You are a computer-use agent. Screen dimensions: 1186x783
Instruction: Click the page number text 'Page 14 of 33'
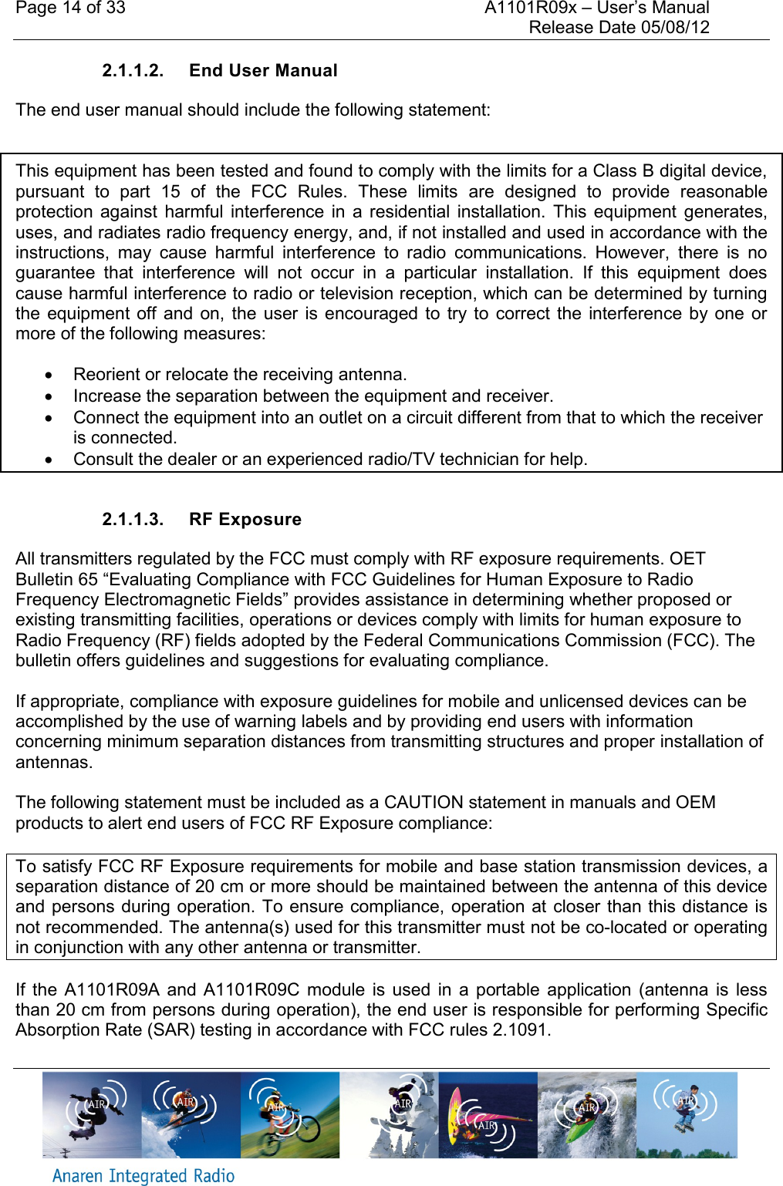(x=70, y=8)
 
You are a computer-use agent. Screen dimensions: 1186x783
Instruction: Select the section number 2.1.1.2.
(x=133, y=71)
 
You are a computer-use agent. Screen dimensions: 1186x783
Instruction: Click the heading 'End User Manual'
(x=263, y=71)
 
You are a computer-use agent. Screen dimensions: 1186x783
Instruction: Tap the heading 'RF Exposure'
(x=245, y=520)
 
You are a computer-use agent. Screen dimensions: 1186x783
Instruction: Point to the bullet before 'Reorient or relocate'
(x=49, y=376)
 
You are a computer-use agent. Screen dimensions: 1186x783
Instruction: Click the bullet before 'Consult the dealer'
(x=49, y=460)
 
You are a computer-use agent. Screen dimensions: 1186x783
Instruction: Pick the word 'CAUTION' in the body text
(x=424, y=803)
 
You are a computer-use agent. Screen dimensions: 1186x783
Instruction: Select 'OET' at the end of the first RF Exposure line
(x=687, y=559)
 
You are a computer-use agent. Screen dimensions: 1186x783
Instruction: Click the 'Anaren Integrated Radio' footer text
(x=143, y=1176)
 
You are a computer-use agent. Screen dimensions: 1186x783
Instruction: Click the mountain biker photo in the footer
(x=290, y=1115)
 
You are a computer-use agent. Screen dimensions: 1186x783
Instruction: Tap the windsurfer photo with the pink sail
(x=488, y=1115)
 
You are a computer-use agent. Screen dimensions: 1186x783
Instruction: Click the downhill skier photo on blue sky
(x=191, y=1115)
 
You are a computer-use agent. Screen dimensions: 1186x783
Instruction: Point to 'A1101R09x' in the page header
(x=530, y=8)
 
